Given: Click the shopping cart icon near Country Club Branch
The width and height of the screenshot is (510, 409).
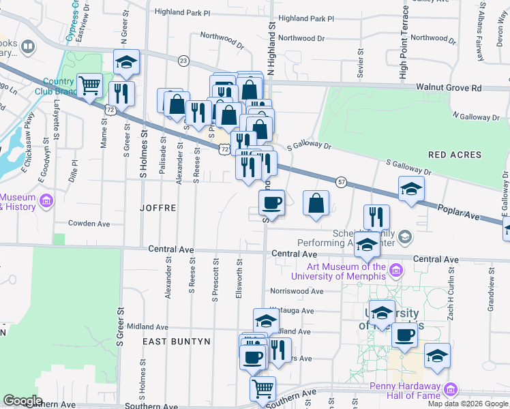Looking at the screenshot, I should point(90,85).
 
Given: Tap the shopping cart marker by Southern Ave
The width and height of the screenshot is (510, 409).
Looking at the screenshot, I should point(262,389).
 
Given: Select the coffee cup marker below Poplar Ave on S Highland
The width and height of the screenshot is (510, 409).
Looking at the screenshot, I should point(271,202).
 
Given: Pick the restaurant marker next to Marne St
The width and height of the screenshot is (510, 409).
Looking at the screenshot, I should point(122,93).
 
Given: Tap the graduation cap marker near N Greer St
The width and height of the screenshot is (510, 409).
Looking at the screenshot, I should point(126,62).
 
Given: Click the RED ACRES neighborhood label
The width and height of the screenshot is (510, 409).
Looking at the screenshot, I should point(455,155).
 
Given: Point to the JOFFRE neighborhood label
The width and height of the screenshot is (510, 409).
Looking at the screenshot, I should point(158,207).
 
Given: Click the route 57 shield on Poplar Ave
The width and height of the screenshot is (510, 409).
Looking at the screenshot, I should point(342,181).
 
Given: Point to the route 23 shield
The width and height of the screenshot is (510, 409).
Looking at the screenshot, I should point(183,61).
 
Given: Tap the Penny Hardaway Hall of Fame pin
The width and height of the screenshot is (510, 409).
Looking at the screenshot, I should point(450,390).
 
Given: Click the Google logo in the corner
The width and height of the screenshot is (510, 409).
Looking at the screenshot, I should point(23,401).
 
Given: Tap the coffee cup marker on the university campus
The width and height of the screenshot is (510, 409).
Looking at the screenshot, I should point(404,335).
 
